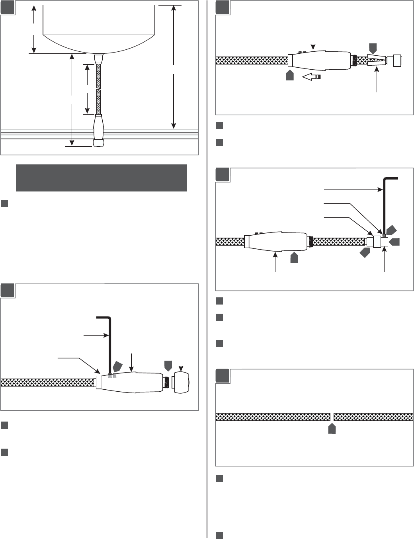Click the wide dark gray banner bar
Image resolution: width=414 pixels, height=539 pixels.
[101, 178]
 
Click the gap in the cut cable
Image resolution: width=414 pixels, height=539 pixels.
[332, 417]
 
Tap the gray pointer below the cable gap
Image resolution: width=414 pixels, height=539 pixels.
[332, 429]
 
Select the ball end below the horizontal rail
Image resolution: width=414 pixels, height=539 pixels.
[98, 142]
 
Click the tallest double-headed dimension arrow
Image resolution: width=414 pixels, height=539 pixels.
[174, 66]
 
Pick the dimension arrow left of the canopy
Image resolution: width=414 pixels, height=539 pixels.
[34, 29]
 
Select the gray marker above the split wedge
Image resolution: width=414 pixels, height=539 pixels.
[373, 49]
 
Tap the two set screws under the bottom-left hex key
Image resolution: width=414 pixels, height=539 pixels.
[112, 376]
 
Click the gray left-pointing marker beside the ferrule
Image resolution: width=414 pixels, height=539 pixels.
[395, 242]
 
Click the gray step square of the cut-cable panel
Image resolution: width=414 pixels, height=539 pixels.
[223, 376]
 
